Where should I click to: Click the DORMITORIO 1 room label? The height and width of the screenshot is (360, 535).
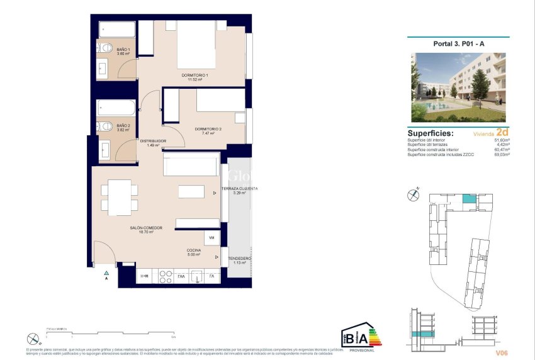click(x=194, y=76)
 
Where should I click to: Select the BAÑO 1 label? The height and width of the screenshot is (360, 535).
click(x=123, y=50)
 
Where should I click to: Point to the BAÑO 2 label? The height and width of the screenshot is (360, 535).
click(x=123, y=126)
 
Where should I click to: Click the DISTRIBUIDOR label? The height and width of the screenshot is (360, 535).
click(x=153, y=141)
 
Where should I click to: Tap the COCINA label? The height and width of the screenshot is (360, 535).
click(x=193, y=250)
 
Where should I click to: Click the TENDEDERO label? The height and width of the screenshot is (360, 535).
click(x=239, y=259)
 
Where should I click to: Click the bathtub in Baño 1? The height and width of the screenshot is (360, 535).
click(x=116, y=30)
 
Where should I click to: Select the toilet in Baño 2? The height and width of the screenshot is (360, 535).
click(x=106, y=125)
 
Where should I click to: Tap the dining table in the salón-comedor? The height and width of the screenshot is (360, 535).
click(x=120, y=197)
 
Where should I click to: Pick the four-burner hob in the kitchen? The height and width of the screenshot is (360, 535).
click(x=166, y=276)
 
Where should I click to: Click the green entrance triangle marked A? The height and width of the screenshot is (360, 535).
click(x=106, y=273)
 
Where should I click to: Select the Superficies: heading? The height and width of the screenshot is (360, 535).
click(x=431, y=133)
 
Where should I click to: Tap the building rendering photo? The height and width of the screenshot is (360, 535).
click(x=458, y=87)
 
